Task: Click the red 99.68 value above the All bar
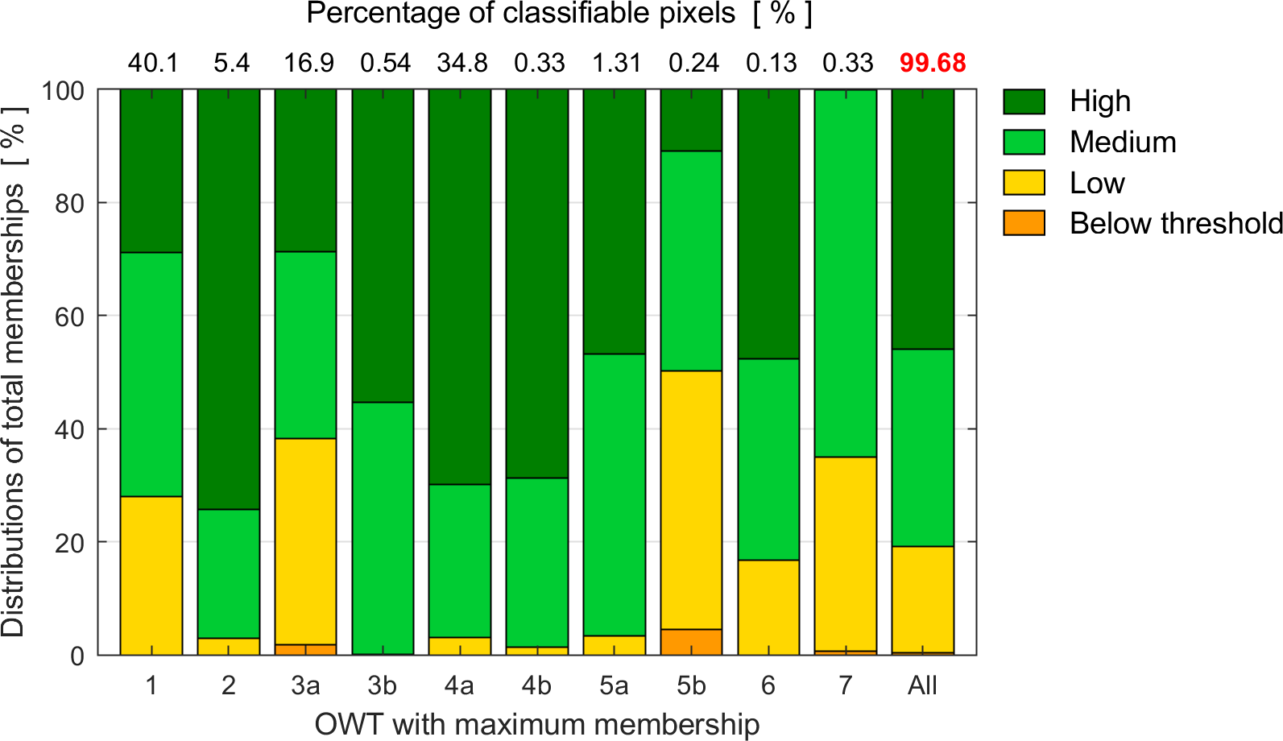pyautogui.click(x=933, y=63)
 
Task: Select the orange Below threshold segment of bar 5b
pyautogui.click(x=691, y=642)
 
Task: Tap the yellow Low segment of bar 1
pyautogui.click(x=151, y=575)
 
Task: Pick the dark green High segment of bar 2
pyautogui.click(x=229, y=299)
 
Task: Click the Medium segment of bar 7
pyautogui.click(x=845, y=273)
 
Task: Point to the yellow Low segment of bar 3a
pyautogui.click(x=305, y=540)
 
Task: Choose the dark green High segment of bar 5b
pyautogui.click(x=691, y=120)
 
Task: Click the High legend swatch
pyautogui.click(x=1024, y=102)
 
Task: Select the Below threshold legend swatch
pyautogui.click(x=1024, y=223)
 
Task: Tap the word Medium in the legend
pyautogui.click(x=1123, y=143)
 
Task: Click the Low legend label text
pyautogui.click(x=1097, y=184)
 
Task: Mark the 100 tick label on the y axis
pyautogui.click(x=63, y=90)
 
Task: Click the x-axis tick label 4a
pyautogui.click(x=459, y=685)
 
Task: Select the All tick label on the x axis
pyautogui.click(x=922, y=685)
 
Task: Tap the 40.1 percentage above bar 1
pyautogui.click(x=153, y=63)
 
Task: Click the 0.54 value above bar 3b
pyautogui.click(x=385, y=63)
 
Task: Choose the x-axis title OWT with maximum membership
pyautogui.click(x=537, y=724)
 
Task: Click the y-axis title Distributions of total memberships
pyautogui.click(x=14, y=371)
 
